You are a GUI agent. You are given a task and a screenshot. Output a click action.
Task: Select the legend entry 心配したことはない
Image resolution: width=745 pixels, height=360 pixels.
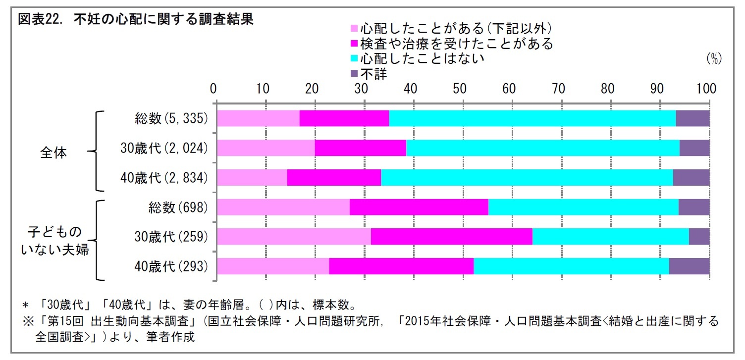click(422, 58)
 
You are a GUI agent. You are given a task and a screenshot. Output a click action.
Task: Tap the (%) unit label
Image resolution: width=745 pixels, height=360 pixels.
click(714, 59)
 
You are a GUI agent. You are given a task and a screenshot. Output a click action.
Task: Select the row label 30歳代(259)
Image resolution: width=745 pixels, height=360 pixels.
click(171, 237)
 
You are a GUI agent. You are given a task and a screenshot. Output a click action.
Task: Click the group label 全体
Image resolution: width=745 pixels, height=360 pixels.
click(53, 153)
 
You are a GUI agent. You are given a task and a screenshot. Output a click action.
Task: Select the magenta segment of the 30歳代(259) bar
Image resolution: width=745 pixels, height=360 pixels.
click(451, 237)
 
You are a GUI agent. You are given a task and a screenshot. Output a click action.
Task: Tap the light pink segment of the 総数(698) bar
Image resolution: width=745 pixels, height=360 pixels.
click(283, 207)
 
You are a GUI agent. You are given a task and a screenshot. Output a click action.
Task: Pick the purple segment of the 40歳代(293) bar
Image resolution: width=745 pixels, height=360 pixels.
click(689, 266)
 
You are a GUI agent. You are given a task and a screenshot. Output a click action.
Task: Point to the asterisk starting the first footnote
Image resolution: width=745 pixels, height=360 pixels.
click(24, 304)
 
